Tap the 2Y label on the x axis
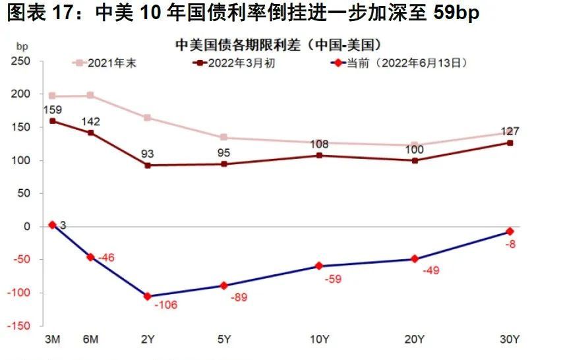click(148, 340)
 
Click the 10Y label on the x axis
click(319, 340)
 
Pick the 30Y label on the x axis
click(510, 340)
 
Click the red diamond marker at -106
click(147, 297)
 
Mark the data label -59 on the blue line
click(334, 280)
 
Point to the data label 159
click(52, 109)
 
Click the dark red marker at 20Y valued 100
click(415, 160)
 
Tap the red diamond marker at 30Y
click(510, 231)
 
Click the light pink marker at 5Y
click(223, 137)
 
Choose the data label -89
click(239, 298)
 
